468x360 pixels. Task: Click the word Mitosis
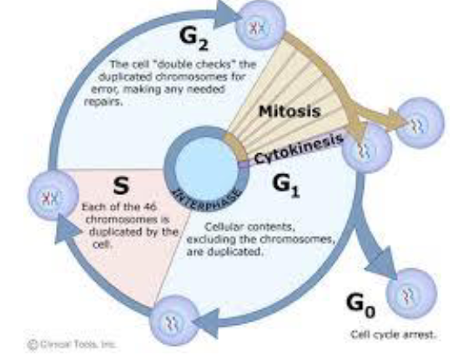tap(288, 111)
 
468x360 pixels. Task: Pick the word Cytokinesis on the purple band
tap(296, 149)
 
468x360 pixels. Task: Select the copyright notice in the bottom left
tap(73, 342)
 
